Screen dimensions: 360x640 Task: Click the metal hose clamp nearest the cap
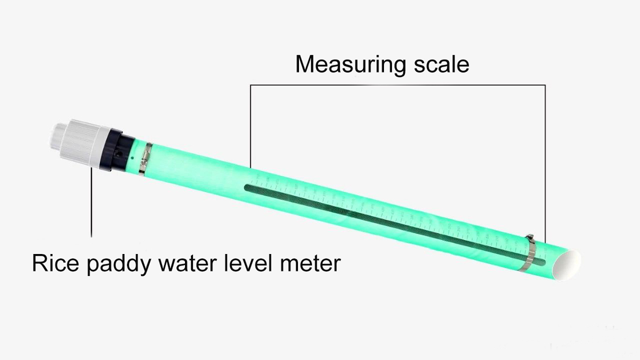click(x=145, y=158)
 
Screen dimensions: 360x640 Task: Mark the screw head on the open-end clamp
click(x=529, y=236)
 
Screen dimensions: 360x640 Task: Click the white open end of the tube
click(x=570, y=264)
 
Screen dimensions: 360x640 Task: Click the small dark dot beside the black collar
click(x=133, y=158)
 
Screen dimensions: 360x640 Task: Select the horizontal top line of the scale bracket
click(x=398, y=85)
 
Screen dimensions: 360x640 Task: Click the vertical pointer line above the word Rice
click(x=91, y=204)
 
